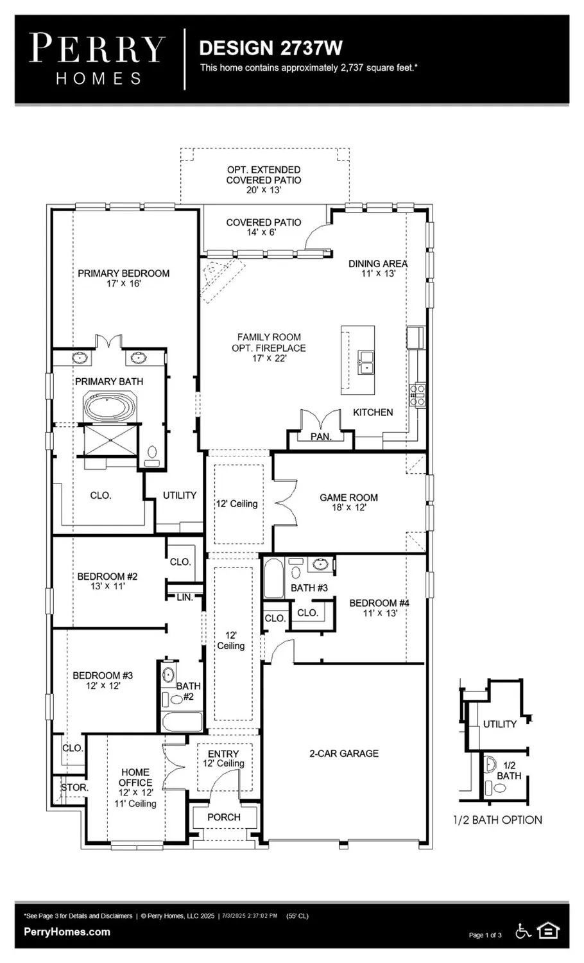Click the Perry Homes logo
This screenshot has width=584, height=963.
(98, 59)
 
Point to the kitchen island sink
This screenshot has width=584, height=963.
(366, 362)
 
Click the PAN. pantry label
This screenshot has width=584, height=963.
(321, 437)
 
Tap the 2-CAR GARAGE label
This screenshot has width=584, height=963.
(344, 753)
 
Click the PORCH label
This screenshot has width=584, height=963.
(224, 817)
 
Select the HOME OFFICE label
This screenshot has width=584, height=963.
(135, 777)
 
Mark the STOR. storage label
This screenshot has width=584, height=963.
(74, 787)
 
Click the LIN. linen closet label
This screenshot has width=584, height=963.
(185, 597)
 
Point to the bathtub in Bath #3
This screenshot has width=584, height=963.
(273, 579)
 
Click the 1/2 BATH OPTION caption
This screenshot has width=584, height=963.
(497, 820)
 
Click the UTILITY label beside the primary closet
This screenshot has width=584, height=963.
(179, 495)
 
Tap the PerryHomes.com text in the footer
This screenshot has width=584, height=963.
(67, 932)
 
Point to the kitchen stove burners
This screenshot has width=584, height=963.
(418, 394)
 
